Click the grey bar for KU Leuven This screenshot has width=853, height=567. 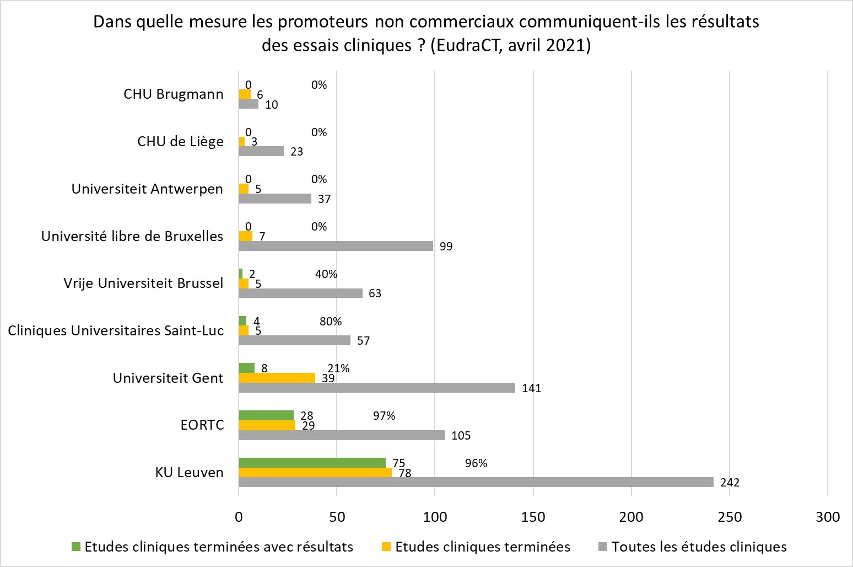coord(476,482)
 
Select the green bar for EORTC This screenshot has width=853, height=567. coord(266,415)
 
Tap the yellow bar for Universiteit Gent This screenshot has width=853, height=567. coord(277,378)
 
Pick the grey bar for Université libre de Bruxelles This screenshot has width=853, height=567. coord(336,246)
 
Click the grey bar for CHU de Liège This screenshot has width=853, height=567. coord(261,151)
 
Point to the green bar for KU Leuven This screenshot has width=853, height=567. coord(312,463)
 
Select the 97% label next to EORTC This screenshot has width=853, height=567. coord(384,416)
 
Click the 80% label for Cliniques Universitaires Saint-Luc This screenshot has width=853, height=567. coord(331,322)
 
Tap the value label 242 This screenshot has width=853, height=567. coord(730,483)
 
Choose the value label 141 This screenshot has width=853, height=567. coord(532,388)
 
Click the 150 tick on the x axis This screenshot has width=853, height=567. coord(533,517)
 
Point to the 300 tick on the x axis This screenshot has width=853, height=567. coord(828,517)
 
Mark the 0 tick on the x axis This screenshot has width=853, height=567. coord(239,517)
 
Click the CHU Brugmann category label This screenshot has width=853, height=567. coord(174,94)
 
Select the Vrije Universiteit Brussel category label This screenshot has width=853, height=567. coord(143,283)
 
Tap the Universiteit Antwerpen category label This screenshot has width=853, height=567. coord(147,189)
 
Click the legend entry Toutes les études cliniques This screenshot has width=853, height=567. coord(699,547)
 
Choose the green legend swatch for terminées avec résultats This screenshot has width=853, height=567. coord(77,547)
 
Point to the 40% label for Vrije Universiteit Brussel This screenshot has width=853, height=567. coord(326,274)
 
